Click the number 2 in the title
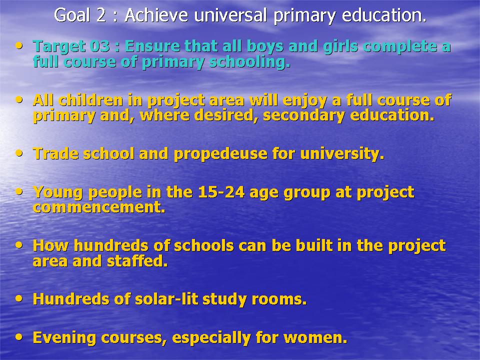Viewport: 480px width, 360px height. (100, 15)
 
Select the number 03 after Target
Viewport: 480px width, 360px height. (99, 46)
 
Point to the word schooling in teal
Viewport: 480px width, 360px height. (249, 62)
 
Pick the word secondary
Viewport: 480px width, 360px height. (303, 115)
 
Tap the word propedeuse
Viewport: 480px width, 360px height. (220, 154)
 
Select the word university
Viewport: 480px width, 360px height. (342, 154)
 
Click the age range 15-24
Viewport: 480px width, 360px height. (221, 192)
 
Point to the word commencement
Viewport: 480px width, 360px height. (99, 207)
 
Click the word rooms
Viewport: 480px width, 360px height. (279, 299)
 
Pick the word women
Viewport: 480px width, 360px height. (315, 338)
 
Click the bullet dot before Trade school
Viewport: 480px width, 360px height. (19, 153)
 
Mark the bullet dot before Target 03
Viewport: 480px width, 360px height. (19, 46)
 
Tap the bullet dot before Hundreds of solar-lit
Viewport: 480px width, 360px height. (19, 298)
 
